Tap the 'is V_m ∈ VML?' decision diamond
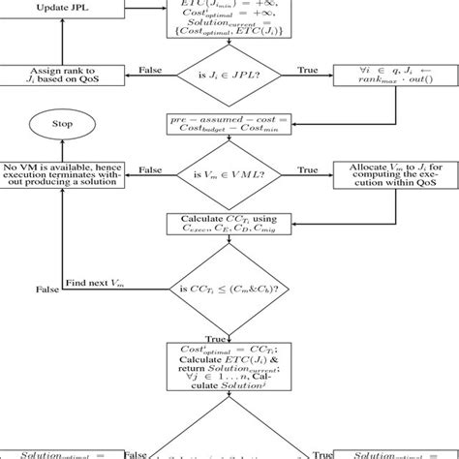click(x=229, y=172)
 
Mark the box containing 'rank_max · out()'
click(x=395, y=76)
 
